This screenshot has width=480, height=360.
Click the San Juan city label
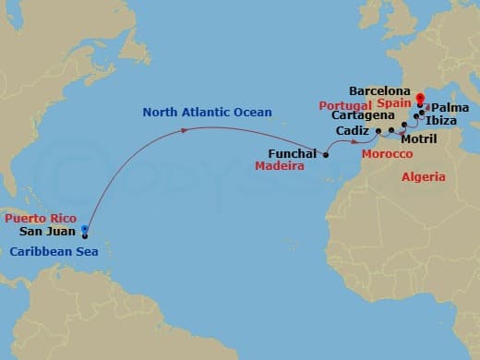tap(48, 232)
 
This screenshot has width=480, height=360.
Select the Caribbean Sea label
tap(46, 246)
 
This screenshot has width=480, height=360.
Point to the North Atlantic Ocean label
tap(207, 113)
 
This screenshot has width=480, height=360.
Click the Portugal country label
tap(344, 106)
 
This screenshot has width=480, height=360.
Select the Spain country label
tap(393, 106)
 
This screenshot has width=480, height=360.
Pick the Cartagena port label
tap(360, 119)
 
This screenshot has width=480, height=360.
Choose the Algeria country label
tap(424, 176)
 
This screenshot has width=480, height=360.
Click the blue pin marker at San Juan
tap(84, 230)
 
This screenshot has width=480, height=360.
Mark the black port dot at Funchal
tap(326, 155)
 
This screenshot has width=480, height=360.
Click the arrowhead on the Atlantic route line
tap(187, 130)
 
